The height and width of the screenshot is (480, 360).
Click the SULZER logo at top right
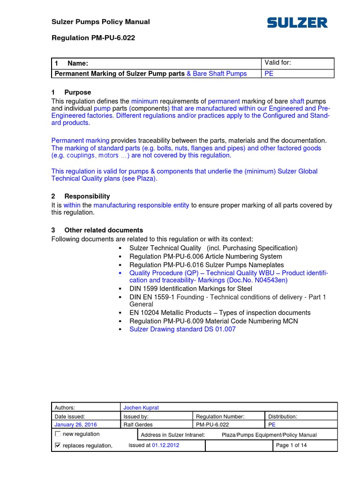(x=297, y=22)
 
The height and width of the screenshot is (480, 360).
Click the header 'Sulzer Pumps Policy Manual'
(x=100, y=22)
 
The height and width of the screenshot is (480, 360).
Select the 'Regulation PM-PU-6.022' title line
(x=93, y=38)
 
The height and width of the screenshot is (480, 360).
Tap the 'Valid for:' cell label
(x=278, y=63)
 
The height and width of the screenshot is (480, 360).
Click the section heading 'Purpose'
(x=77, y=92)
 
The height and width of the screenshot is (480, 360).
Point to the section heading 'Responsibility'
(x=87, y=196)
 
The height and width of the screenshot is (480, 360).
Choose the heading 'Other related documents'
(x=103, y=230)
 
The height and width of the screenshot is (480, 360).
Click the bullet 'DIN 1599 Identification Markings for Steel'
(x=190, y=289)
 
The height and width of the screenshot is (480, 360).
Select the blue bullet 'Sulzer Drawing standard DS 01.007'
(x=182, y=329)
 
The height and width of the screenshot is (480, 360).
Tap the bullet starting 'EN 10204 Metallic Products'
(x=220, y=313)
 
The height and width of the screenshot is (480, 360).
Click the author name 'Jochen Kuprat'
(x=141, y=408)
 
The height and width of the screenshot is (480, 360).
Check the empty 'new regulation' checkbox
(x=58, y=434)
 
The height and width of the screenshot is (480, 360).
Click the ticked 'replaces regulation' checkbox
(x=58, y=445)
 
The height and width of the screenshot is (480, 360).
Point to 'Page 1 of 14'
(x=292, y=445)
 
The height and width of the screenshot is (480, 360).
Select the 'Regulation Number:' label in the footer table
(x=220, y=416)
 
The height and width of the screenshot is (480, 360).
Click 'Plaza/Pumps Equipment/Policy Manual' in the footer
(x=269, y=435)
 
